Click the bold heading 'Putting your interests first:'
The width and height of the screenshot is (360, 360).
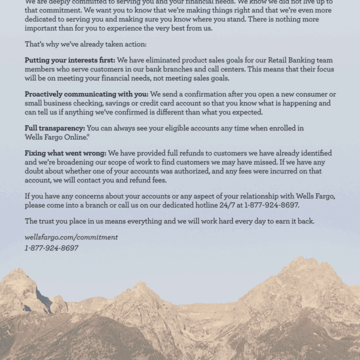tap(70, 61)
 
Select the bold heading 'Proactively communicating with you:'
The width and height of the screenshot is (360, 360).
tap(86, 94)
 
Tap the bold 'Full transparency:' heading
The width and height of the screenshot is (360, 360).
tap(55, 128)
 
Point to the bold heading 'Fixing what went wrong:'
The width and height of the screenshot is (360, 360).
tap(65, 154)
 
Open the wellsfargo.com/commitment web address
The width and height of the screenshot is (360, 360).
tap(71, 238)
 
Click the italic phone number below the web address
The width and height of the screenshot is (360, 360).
tap(52, 248)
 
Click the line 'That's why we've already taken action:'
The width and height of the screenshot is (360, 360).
tap(85, 44)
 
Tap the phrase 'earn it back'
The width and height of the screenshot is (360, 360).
tap(293, 221)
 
